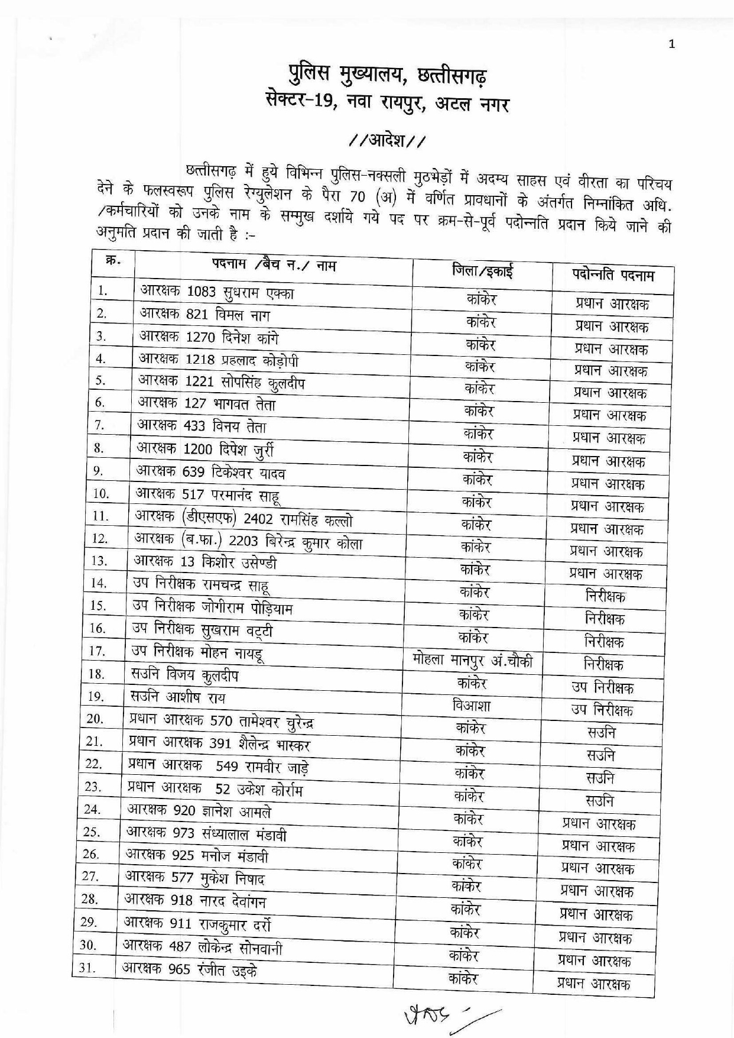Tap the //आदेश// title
point(387,141)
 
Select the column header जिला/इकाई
point(482,271)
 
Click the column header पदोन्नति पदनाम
point(613,275)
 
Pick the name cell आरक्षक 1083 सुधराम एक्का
point(217,292)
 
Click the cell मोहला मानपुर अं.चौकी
point(473,660)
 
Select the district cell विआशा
point(471,705)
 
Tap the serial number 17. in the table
point(96,651)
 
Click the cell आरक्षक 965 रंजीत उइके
point(189,970)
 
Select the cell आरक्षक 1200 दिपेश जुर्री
point(205,450)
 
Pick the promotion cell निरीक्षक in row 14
point(605,596)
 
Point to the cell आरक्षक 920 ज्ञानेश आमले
point(199,811)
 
